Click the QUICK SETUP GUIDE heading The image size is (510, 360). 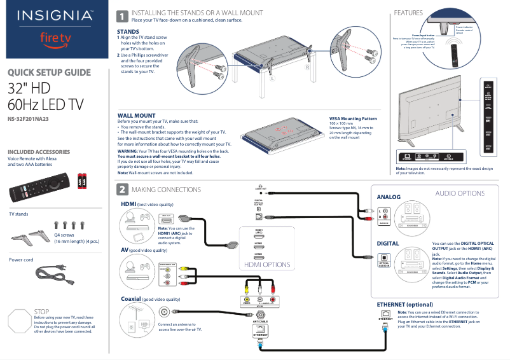(48, 73)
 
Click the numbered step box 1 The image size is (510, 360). (122, 17)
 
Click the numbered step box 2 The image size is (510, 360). (122, 190)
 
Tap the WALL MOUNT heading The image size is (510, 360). (136, 115)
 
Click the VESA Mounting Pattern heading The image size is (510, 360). (353, 118)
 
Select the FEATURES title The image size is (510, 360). (408, 13)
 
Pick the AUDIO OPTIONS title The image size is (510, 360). (460, 193)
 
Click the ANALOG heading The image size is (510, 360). (389, 197)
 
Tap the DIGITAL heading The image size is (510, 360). (388, 243)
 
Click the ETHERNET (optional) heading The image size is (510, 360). (404, 304)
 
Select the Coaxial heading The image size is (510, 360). (131, 298)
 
